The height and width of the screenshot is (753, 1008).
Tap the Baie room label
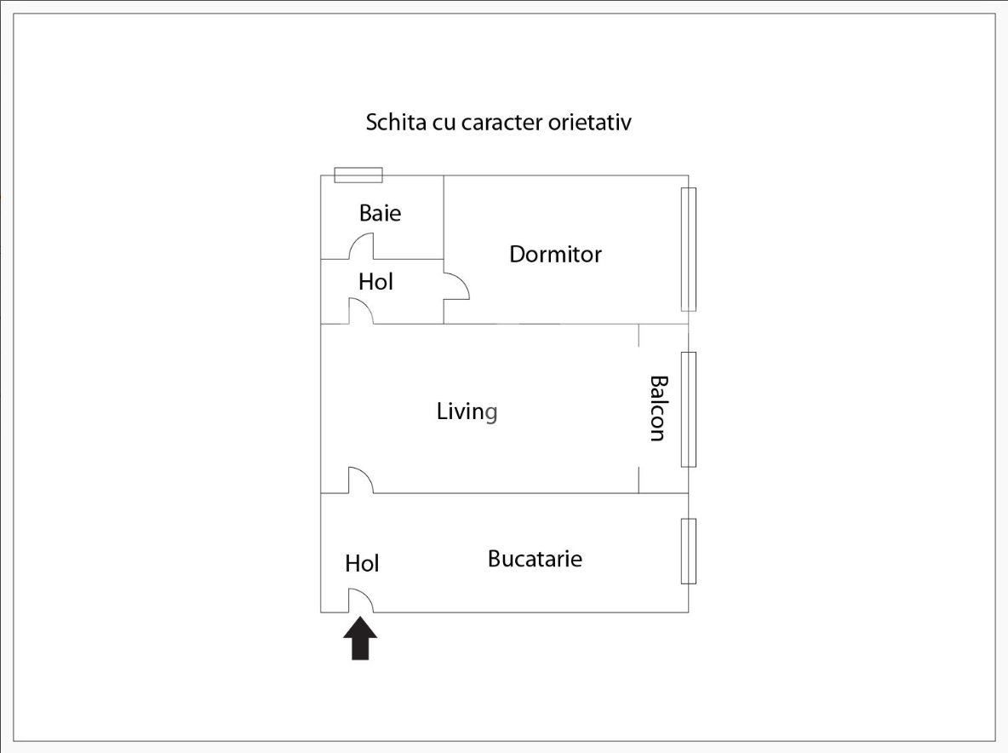coord(380,213)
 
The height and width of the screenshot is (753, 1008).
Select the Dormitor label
coord(555,254)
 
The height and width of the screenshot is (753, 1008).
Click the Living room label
coord(467,411)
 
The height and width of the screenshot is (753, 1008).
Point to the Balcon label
coord(657,408)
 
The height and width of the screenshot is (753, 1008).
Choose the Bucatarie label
coord(535,558)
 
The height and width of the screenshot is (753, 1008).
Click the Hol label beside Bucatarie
coord(362,563)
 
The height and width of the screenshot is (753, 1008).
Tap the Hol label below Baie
coord(375,282)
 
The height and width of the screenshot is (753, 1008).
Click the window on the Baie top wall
coord(358,175)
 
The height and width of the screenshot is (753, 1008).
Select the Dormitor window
coord(689,250)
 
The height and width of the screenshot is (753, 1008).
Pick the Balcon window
coord(689,410)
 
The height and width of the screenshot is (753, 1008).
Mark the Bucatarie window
coord(689,551)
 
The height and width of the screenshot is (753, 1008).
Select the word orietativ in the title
coord(589,122)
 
